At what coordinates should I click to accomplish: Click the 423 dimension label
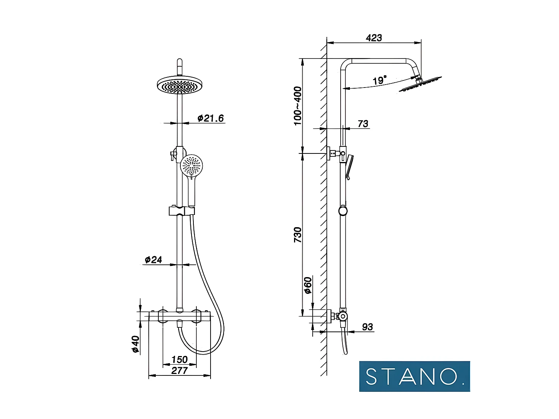pyautogui.click(x=373, y=38)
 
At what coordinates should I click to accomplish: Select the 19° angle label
pyautogui.click(x=379, y=80)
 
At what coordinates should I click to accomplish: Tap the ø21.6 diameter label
pyautogui.click(x=211, y=118)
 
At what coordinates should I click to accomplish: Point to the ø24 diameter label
pyautogui.click(x=153, y=260)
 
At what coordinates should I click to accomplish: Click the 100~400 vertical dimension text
pyautogui.click(x=297, y=106)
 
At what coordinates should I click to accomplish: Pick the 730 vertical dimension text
pyautogui.click(x=297, y=235)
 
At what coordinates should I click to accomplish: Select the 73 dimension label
pyautogui.click(x=363, y=124)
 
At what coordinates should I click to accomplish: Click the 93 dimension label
pyautogui.click(x=367, y=327)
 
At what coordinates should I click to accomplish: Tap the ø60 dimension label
pyautogui.click(x=307, y=285)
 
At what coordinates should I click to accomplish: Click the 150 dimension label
pyautogui.click(x=179, y=359)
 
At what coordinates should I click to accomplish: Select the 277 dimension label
pyautogui.click(x=179, y=371)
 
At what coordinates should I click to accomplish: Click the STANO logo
pyautogui.click(x=414, y=376)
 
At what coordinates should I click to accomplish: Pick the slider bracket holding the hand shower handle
pyautogui.click(x=181, y=211)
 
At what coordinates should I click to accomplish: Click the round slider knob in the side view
pyautogui.click(x=343, y=211)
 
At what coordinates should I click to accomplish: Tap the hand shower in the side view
pyautogui.click(x=349, y=167)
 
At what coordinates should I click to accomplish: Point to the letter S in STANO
pyautogui.click(x=372, y=377)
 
